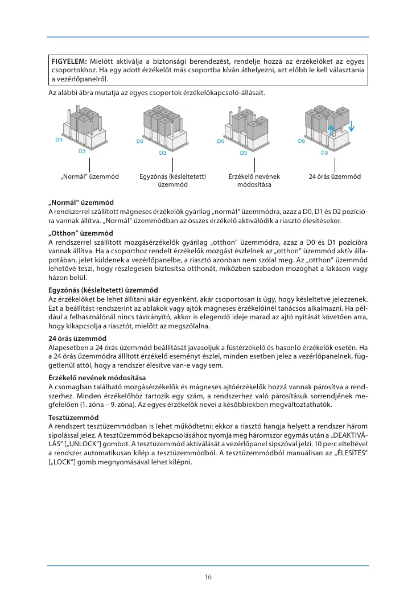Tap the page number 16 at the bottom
(208, 577)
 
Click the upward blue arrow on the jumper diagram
(331, 129)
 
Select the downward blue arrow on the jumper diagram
(352, 124)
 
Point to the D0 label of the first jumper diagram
(58, 139)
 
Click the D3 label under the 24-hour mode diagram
(324, 153)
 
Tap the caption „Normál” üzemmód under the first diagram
(89, 176)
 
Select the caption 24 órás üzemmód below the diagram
(335, 176)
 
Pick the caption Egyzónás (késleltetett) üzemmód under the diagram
(172, 180)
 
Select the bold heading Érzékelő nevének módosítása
(97, 377)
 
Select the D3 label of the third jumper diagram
(243, 153)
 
